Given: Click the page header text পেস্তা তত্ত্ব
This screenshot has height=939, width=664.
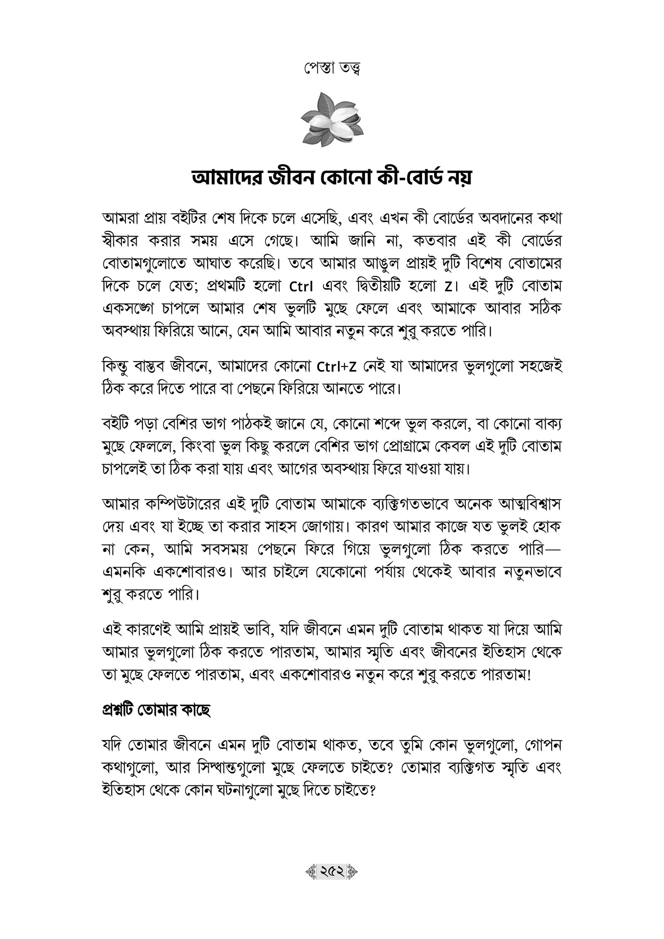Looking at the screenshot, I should click(x=332, y=69).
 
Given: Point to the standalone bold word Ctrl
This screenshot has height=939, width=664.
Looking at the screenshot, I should click(x=301, y=287).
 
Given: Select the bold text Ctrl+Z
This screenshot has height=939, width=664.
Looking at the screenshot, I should click(x=336, y=368).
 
